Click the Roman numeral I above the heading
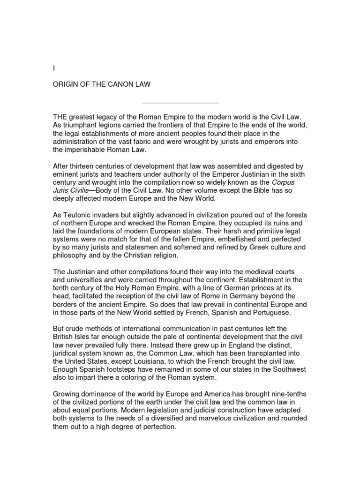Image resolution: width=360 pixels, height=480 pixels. pos(53,68)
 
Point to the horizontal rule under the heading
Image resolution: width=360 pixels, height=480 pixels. pos(180,103)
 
